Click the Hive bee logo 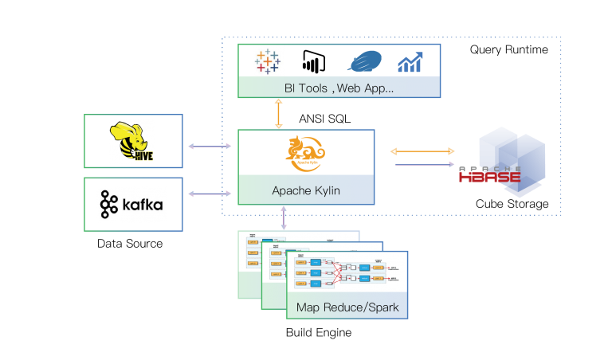pyautogui.click(x=131, y=141)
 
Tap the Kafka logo pyautogui.click(x=131, y=205)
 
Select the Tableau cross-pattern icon pyautogui.click(x=269, y=61)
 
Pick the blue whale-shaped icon pyautogui.click(x=366, y=62)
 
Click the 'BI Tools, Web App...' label pyautogui.click(x=339, y=88)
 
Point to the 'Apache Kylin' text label pyautogui.click(x=306, y=191)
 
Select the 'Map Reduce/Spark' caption pyautogui.click(x=347, y=307)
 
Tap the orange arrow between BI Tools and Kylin pyautogui.click(x=278, y=114)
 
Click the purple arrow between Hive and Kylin pyautogui.click(x=210, y=147)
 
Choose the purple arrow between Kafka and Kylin pyautogui.click(x=210, y=194)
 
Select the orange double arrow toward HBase pyautogui.click(x=422, y=151)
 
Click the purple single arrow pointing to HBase pyautogui.click(x=425, y=165)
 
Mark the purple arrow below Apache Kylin pyautogui.click(x=284, y=218)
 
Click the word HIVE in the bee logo pyautogui.click(x=143, y=156)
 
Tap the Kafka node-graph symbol pyautogui.click(x=108, y=205)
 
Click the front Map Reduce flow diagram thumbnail pyautogui.click(x=347, y=275)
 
